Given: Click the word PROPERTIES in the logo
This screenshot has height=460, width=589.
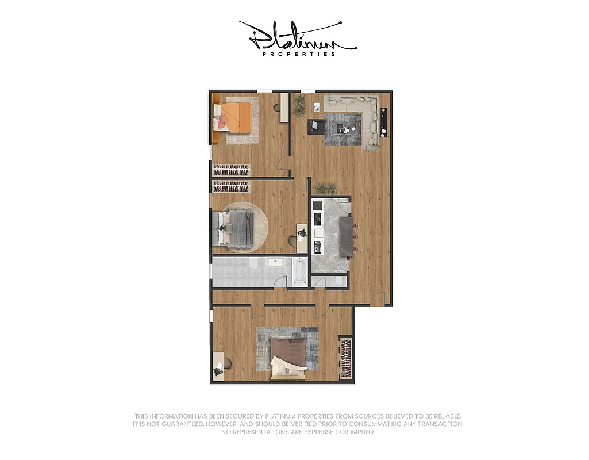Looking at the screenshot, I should tap(298, 54).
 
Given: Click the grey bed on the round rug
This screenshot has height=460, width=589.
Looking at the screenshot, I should tap(236, 228).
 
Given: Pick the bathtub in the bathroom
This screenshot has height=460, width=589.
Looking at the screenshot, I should tap(299, 273).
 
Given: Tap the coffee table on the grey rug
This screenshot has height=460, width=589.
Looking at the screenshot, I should tap(345, 128).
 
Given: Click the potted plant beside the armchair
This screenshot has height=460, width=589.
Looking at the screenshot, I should tap(299, 105).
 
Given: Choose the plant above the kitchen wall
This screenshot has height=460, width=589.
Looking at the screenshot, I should tap(326, 188).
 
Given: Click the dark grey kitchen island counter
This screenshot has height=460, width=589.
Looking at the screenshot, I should tap(347, 236).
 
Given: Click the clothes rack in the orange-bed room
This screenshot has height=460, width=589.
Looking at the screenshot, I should tap(232, 170).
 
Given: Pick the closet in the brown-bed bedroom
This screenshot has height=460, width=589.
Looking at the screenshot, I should tap(345, 358).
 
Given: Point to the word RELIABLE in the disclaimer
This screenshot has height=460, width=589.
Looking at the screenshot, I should tap(442, 416).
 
